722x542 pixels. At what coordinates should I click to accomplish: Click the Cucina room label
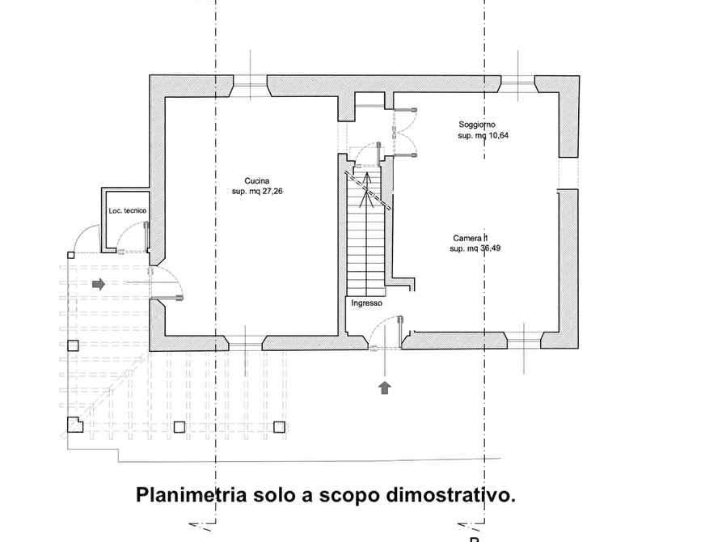pyautogui.click(x=257, y=181)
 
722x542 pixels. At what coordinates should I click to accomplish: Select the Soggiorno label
pyautogui.click(x=477, y=125)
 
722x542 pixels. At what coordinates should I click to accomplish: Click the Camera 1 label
pyautogui.click(x=470, y=239)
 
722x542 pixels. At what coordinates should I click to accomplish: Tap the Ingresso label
pyautogui.click(x=366, y=303)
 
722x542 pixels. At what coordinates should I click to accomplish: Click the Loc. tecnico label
pyautogui.click(x=128, y=210)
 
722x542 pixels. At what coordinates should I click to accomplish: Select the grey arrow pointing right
pyautogui.click(x=99, y=284)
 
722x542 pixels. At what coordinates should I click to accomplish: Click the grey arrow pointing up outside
pyautogui.click(x=385, y=388)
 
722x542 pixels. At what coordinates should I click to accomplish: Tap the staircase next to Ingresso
pyautogui.click(x=365, y=233)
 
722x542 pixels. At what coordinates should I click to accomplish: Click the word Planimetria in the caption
pyautogui.click(x=191, y=495)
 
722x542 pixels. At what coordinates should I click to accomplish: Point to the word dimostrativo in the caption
pyautogui.click(x=450, y=496)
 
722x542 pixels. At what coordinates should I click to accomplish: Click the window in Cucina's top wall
pyautogui.click(x=250, y=87)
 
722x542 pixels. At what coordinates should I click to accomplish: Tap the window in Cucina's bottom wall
pyautogui.click(x=246, y=343)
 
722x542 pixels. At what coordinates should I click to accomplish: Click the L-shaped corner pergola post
pyautogui.click(x=74, y=425)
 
